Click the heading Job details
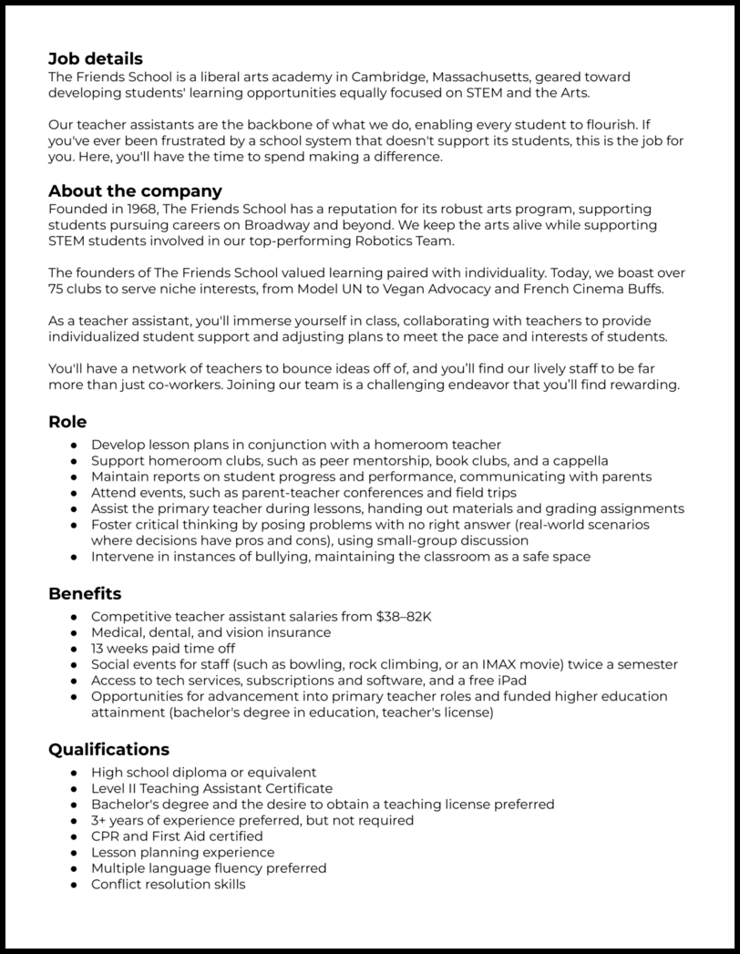coord(96,59)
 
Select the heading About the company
coord(135,191)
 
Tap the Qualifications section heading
coord(108,750)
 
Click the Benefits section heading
coord(85,594)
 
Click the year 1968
coord(139,210)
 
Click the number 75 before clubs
coord(57,289)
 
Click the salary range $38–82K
coord(404,617)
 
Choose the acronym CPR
coord(106,836)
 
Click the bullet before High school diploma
coord(73,773)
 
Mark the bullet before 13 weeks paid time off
coord(73,649)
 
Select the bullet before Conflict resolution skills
coord(73,885)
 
